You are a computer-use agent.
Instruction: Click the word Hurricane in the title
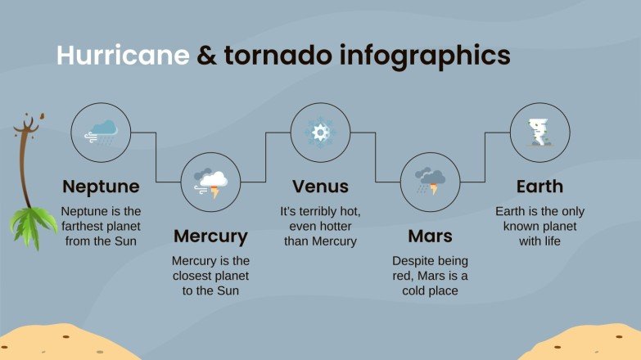(x=122, y=55)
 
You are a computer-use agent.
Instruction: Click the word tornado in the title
(x=264, y=55)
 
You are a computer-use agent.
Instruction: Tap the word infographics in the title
(x=423, y=55)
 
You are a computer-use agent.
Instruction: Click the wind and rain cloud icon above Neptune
(x=102, y=131)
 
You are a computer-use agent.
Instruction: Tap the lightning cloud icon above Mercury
(x=211, y=182)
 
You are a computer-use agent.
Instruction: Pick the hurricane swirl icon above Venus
(x=321, y=132)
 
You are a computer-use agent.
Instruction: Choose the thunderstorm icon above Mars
(x=430, y=182)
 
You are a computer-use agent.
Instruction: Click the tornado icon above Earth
(x=539, y=132)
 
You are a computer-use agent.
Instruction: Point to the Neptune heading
(x=101, y=186)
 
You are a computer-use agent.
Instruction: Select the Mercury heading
(x=210, y=236)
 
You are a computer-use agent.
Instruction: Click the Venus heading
(x=320, y=186)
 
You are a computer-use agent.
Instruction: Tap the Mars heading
(x=430, y=236)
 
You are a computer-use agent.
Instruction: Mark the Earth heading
(x=539, y=186)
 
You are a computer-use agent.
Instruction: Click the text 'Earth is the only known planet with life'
(x=539, y=226)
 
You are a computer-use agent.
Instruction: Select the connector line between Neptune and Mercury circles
(x=156, y=155)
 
